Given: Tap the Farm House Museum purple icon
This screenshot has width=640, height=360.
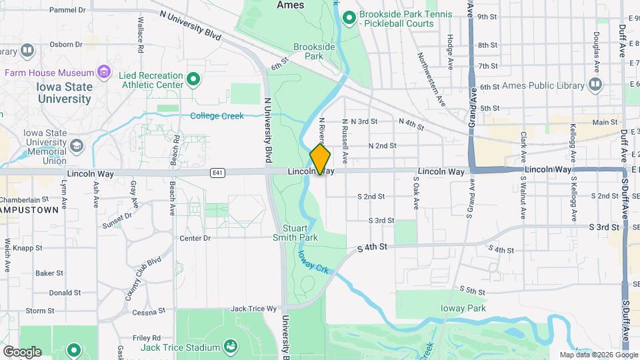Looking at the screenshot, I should [103, 71].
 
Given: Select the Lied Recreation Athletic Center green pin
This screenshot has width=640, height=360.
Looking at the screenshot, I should [193, 80].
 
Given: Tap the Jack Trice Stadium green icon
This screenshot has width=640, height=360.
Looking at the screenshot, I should [230, 346].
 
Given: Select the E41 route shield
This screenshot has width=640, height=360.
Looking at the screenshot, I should [216, 173].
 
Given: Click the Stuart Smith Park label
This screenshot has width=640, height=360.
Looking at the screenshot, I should [295, 233].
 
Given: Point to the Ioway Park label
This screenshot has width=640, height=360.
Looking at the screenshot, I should [463, 308].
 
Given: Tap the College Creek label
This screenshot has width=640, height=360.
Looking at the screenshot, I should [217, 116].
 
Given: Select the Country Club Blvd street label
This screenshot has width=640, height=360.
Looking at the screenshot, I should [144, 278].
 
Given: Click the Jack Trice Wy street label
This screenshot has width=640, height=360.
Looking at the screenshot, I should [253, 309].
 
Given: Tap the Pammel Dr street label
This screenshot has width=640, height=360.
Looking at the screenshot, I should [68, 11].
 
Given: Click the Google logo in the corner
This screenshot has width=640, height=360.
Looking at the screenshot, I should [22, 351].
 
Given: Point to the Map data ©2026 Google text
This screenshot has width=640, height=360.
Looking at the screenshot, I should [598, 355].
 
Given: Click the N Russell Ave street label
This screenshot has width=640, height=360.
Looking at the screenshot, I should [345, 141].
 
